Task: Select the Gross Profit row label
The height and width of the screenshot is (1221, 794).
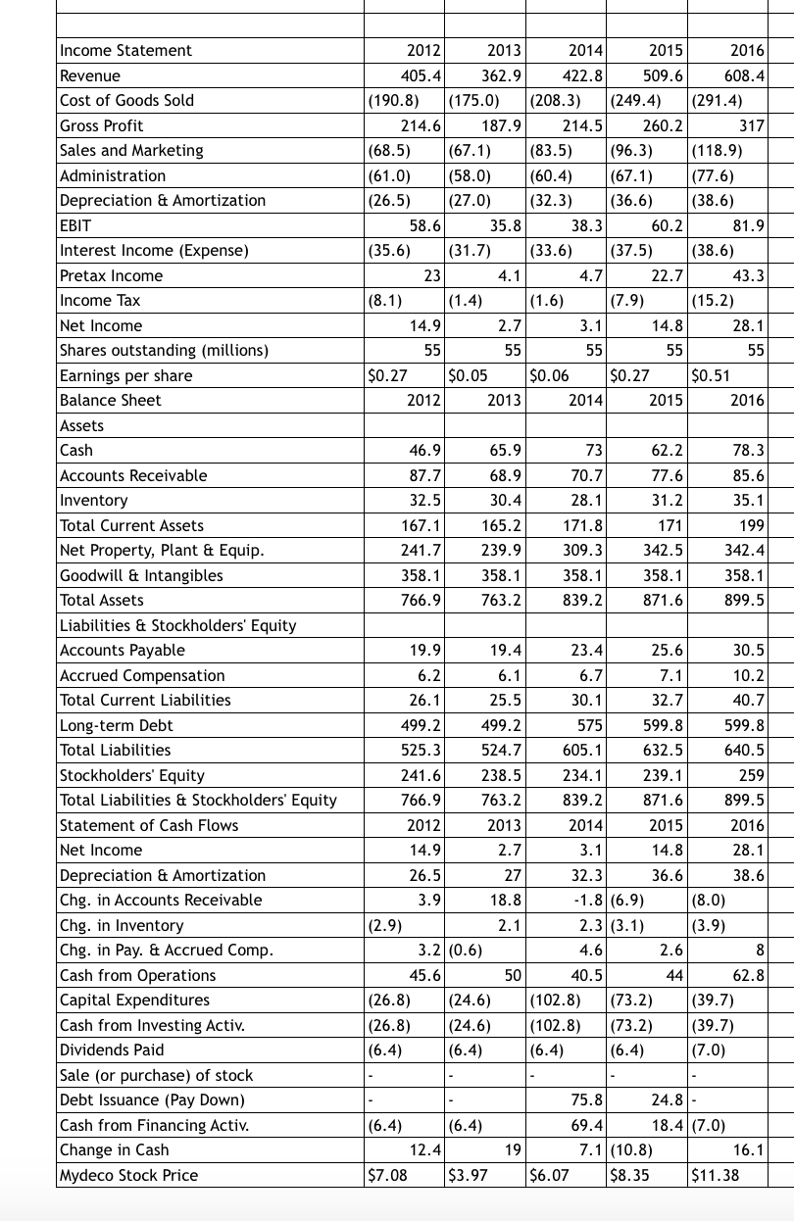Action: point(102,125)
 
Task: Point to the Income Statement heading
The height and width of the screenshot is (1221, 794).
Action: point(126,50)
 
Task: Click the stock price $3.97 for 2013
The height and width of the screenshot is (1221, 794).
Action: point(467,1175)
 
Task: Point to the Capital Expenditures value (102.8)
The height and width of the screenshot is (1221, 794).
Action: point(554,1001)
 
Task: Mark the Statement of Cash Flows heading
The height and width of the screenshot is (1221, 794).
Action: point(149,825)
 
